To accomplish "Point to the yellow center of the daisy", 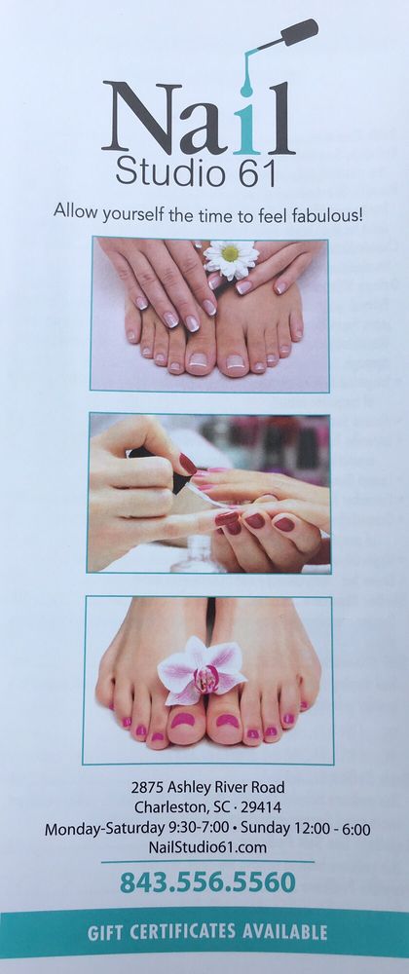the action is point(230,253).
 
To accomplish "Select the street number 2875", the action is point(147,788).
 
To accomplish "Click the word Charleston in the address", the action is point(164,807).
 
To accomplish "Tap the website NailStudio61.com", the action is point(208,847).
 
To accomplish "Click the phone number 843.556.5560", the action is point(208,882).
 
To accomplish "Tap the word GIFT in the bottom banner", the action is point(108,932).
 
